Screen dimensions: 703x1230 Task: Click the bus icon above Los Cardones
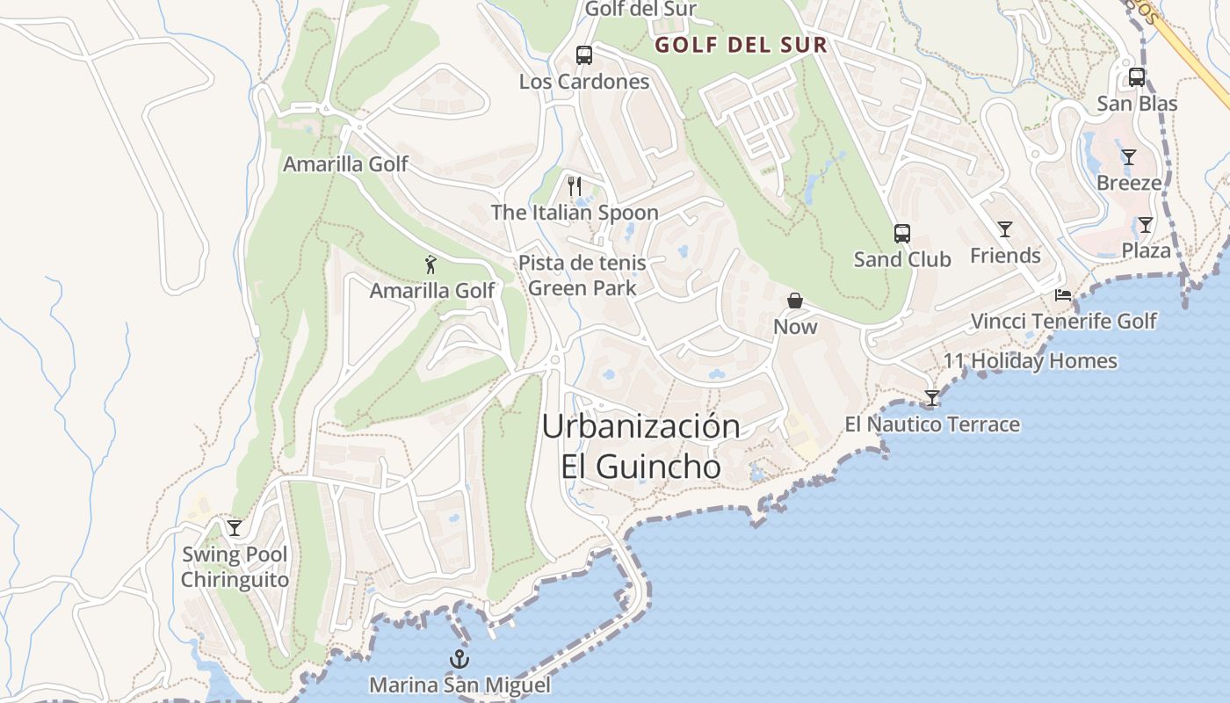pos(584,55)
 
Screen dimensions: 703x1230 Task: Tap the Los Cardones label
pos(584,82)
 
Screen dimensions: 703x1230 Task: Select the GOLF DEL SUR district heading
pos(742,46)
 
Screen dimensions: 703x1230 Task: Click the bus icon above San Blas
pos(1136,77)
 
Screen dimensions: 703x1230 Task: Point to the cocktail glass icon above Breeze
pos(1129,157)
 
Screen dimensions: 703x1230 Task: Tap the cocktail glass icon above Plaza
pos(1146,225)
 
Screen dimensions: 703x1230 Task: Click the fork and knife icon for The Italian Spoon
pos(575,185)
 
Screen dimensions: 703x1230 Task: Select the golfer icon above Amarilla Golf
pos(430,265)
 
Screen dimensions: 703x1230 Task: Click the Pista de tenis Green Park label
pos(582,274)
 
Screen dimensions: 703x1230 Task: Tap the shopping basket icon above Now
pos(795,301)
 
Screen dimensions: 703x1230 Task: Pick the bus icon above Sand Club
pos(902,234)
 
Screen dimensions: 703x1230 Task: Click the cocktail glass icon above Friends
pos(1005,229)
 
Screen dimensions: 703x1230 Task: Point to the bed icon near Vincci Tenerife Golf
pos(1063,295)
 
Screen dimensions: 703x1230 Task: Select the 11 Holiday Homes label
pos(1031,360)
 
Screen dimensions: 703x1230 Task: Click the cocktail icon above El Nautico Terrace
pos(932,398)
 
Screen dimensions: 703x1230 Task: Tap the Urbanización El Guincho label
pos(641,446)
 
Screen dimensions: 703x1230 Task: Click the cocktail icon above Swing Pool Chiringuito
pos(235,527)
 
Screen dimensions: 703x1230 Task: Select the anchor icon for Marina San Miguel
pos(459,659)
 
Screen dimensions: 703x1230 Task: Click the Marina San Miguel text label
pos(459,685)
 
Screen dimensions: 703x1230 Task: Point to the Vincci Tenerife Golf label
pos(1063,321)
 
